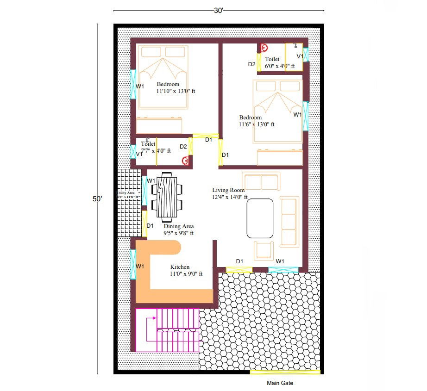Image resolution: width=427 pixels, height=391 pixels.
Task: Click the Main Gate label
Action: (x=280, y=383)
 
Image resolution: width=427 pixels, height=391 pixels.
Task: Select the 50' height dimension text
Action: (x=97, y=199)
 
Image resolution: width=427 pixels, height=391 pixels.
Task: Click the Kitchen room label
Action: (x=180, y=267)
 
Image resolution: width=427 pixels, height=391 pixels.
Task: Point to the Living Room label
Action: (x=228, y=190)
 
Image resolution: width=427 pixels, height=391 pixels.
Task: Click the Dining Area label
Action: (x=178, y=226)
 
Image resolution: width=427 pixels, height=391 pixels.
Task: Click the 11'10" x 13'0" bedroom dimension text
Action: (x=176, y=91)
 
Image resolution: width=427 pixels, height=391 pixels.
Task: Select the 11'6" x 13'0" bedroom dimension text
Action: (x=257, y=124)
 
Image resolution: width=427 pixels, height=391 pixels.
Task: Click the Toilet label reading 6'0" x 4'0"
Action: (x=272, y=59)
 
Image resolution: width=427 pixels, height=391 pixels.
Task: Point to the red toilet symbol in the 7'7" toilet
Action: (x=186, y=161)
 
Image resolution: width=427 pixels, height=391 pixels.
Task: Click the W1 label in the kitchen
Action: (x=139, y=266)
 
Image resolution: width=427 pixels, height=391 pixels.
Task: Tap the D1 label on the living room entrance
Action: (x=239, y=261)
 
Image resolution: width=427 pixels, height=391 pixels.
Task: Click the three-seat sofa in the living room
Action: (x=289, y=221)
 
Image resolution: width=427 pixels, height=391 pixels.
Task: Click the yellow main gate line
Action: (x=285, y=372)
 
